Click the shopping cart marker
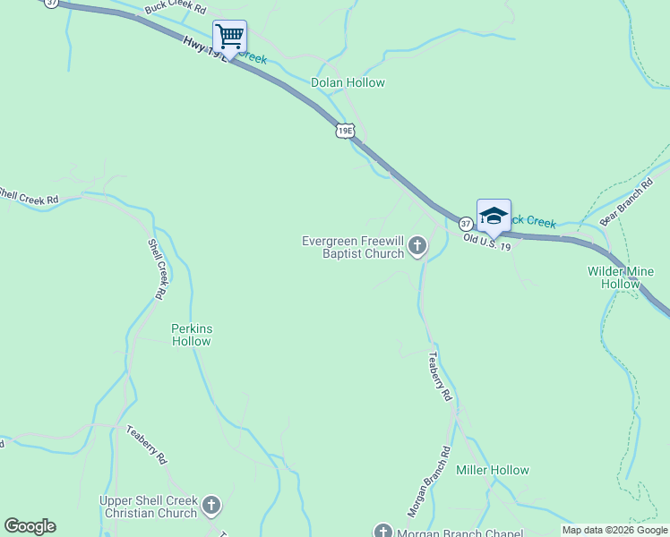[230, 37]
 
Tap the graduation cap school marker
[494, 216]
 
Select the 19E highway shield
[346, 132]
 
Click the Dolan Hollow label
[348, 82]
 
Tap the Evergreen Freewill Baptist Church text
[353, 247]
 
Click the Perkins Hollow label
[192, 335]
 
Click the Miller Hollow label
[493, 470]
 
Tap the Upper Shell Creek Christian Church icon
[211, 506]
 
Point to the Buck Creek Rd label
[176, 10]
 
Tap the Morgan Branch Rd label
[428, 482]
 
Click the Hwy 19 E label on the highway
[202, 48]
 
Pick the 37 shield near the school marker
[466, 223]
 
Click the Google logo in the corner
[30, 526]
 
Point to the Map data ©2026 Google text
[614, 530]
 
